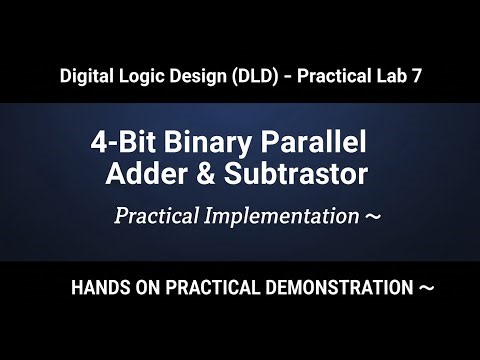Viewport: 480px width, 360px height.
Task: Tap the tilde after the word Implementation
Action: [372, 216]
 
